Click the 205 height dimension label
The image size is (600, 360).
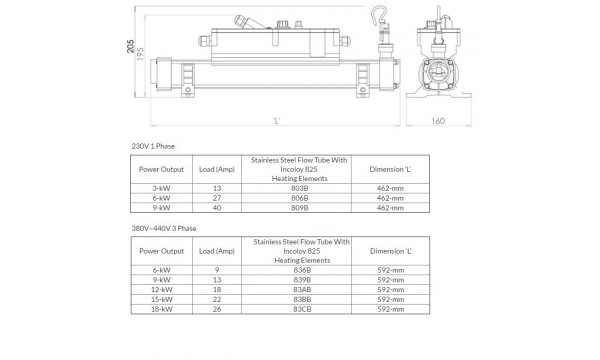130,46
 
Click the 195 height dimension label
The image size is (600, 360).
140,54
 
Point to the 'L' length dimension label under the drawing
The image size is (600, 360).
277,121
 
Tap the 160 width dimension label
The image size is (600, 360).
438,121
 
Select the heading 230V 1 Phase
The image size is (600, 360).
153,146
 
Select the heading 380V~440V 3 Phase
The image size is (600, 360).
164,228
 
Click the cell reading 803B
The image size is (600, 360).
300,188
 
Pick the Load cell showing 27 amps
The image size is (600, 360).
217,198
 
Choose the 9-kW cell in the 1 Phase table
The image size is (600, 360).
161,208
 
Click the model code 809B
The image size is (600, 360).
300,208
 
